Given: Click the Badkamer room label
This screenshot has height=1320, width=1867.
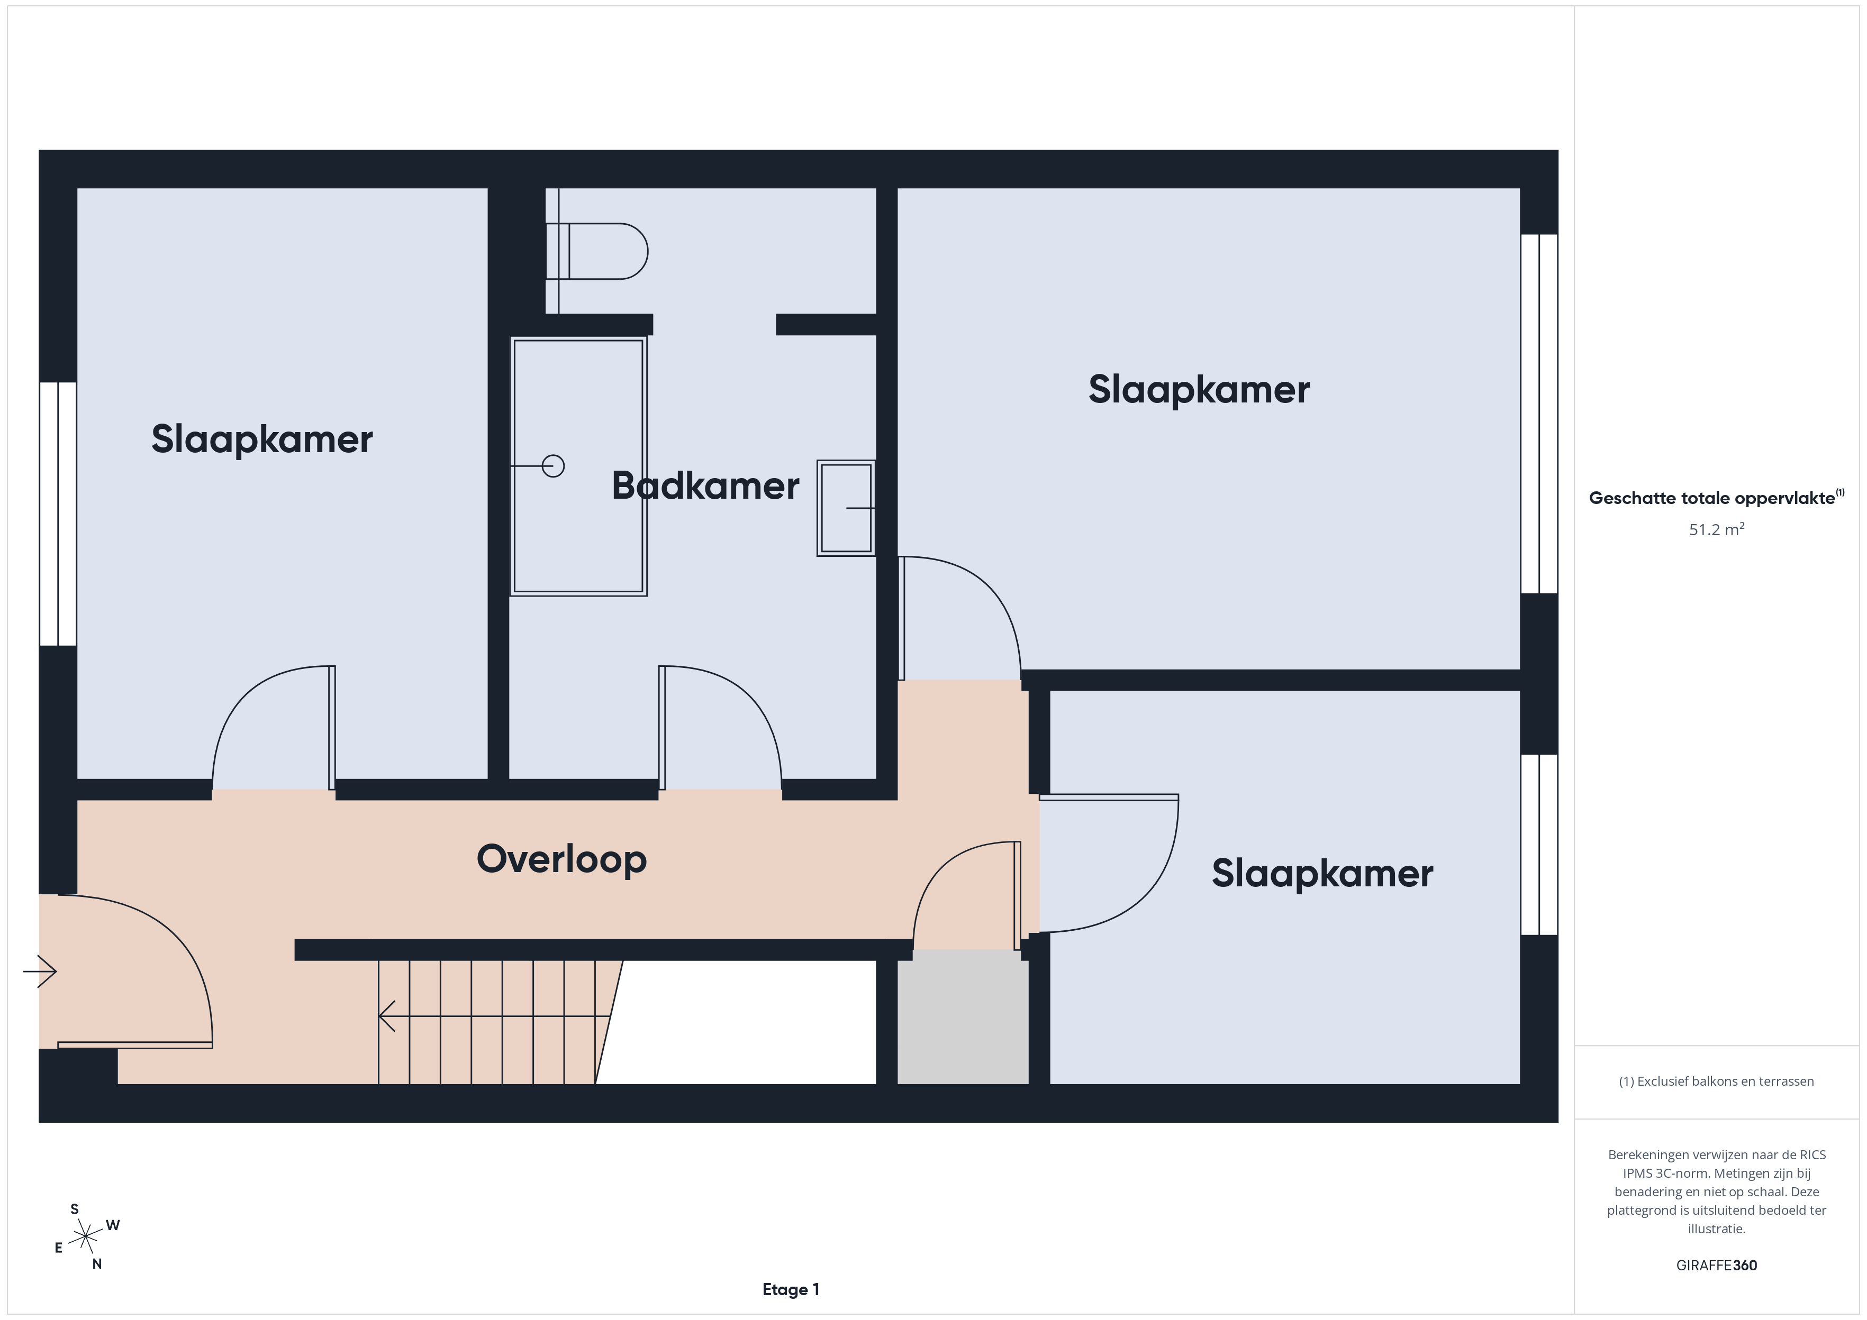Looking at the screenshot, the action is click(x=705, y=486).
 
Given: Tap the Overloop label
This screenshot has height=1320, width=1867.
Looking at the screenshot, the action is click(x=561, y=859).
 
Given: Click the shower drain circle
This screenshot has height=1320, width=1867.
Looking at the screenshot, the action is click(x=553, y=466).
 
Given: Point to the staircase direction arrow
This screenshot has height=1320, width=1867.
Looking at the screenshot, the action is click(x=494, y=1016).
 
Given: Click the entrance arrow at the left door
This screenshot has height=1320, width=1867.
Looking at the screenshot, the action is click(x=39, y=970).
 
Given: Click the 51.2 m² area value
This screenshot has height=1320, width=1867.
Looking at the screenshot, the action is click(x=1717, y=529).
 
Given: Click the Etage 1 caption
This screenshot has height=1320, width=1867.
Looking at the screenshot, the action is click(x=791, y=1289).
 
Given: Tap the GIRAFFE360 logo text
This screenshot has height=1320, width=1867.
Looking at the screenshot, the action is click(x=1717, y=1266).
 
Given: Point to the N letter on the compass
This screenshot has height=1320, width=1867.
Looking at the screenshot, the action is click(x=97, y=1264).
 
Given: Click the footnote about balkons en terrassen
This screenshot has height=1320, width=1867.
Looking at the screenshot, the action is click(x=1717, y=1081).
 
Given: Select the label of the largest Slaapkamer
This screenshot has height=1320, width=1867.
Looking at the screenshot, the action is click(x=1199, y=389).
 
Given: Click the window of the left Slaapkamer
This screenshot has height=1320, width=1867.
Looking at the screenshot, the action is click(x=58, y=514).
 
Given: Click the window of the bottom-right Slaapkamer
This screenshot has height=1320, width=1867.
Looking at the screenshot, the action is click(x=1539, y=845).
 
